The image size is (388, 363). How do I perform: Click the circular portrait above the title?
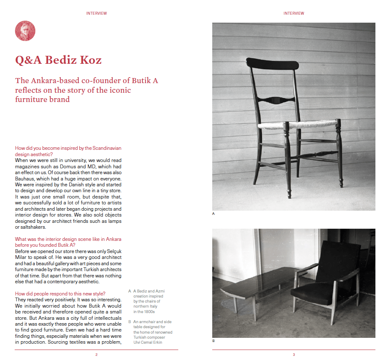pos(25,31)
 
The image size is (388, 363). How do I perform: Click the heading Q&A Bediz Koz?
pos(58,60)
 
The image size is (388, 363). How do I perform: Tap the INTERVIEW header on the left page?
pos(96,13)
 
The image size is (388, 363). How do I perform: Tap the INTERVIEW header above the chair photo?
pos(294,13)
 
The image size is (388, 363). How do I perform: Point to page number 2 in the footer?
pos(96,355)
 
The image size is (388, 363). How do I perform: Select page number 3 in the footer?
pos(294,355)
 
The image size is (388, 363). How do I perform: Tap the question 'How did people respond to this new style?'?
pos(60,293)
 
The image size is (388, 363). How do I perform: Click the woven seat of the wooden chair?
pos(298,125)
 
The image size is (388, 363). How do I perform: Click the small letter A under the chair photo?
pos(214,214)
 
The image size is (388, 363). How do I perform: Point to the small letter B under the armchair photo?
pos(214,341)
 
